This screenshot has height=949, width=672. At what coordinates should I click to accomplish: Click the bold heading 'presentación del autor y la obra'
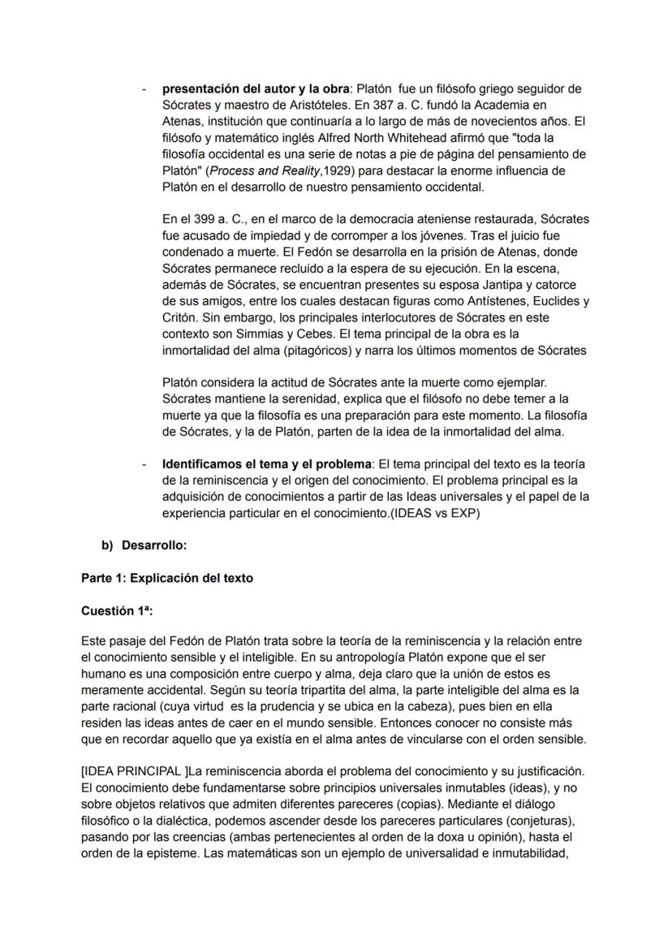click(x=255, y=88)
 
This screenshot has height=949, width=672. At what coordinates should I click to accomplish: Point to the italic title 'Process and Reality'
click(x=255, y=170)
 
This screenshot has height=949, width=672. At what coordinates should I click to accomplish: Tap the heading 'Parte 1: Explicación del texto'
click(x=166, y=578)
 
